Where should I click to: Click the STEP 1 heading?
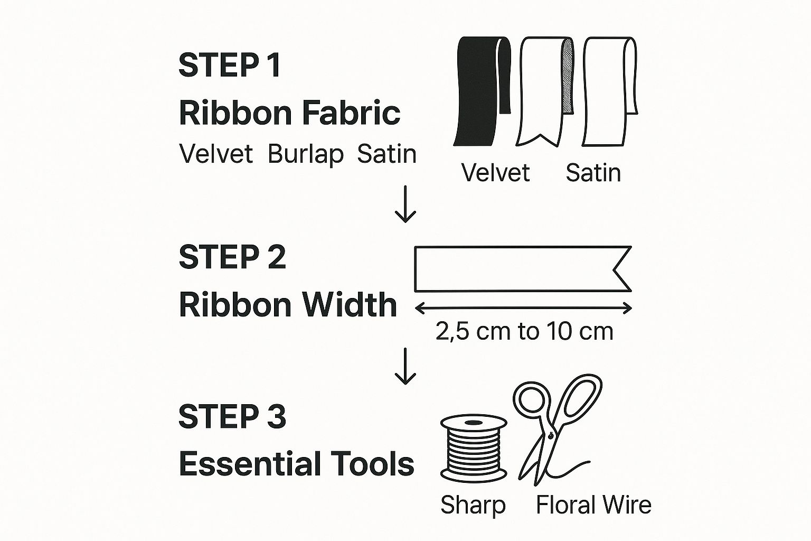coord(230,65)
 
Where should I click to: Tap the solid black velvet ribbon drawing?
coord(482,91)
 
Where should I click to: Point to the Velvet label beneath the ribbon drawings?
coord(495,173)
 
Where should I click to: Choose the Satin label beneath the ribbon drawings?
coord(593,173)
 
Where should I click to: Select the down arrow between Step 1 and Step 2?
coord(405,204)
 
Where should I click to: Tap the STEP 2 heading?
coord(232,257)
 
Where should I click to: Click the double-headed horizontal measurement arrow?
coord(524,309)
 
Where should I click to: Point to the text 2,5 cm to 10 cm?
coord(524,331)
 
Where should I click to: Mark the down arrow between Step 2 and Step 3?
coord(405,366)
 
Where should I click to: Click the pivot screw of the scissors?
coord(551,435)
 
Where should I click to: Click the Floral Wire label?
coord(593,505)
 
